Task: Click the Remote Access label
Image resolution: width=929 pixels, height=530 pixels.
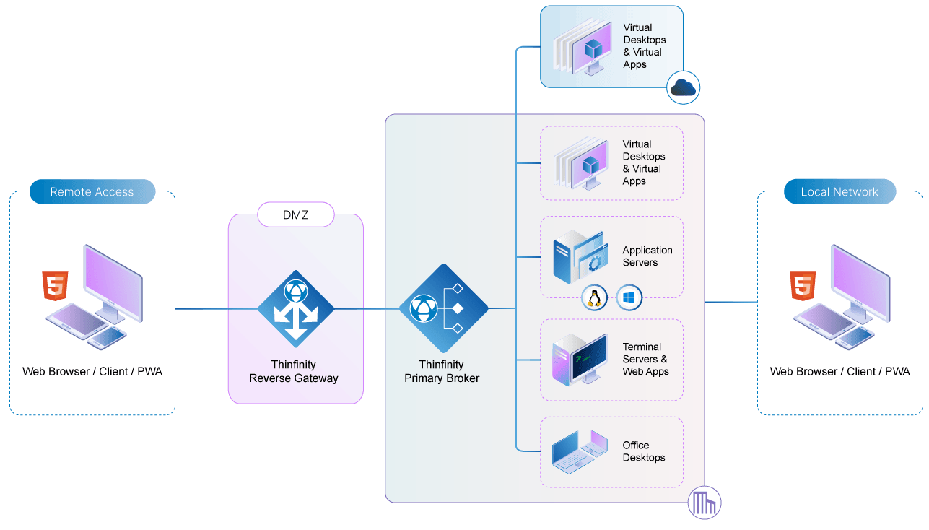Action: [92, 192]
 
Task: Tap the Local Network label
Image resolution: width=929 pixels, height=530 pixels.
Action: [839, 192]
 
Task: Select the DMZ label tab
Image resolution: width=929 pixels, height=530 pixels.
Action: [296, 214]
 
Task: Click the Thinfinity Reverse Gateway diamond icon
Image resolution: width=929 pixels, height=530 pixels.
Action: [295, 308]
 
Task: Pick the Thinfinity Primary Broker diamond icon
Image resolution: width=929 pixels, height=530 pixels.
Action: [442, 308]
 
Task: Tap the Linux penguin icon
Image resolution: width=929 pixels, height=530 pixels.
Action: [594, 297]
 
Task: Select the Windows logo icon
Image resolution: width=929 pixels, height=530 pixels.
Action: [629, 297]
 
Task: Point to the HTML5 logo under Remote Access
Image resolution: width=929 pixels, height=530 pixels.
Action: [55, 286]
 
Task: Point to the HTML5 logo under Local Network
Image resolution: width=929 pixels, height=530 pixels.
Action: [803, 286]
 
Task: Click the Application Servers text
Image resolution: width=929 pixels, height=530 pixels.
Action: [647, 256]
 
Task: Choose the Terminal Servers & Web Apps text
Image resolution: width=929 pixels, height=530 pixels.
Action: [645, 360]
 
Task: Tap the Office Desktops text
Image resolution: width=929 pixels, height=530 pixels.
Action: [643, 451]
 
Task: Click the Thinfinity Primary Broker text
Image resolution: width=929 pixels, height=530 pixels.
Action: [442, 372]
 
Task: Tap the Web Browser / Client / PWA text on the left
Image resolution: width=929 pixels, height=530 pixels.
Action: [92, 372]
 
